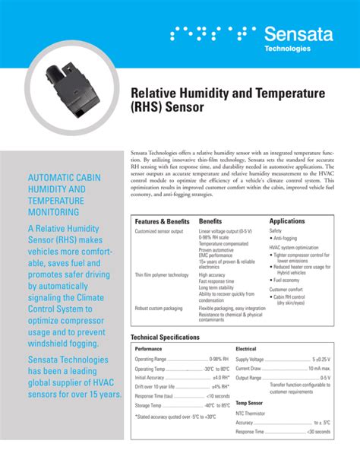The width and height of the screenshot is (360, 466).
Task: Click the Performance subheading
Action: coord(149,348)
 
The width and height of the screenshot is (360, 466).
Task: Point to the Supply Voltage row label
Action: coord(250,359)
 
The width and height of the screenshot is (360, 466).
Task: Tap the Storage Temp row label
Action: coord(151,405)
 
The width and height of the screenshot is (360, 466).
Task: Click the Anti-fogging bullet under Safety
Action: coord(287,238)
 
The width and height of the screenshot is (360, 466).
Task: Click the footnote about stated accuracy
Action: coord(175,416)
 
